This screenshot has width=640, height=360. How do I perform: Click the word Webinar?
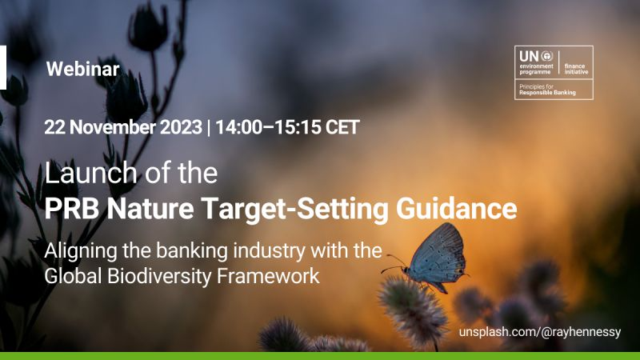point(83,69)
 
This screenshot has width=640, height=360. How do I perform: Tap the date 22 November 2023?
point(123,127)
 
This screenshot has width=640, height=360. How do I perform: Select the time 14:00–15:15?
point(268,127)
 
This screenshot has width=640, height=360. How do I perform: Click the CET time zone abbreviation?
point(342,127)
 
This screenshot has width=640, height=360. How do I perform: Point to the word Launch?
point(90,172)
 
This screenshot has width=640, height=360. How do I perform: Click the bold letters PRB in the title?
point(72,208)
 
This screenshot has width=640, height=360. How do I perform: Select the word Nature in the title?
point(150,208)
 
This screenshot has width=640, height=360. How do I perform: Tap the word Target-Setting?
point(294,209)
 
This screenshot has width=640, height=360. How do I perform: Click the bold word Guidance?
point(456,208)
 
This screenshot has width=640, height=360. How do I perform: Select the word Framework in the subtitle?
point(268,276)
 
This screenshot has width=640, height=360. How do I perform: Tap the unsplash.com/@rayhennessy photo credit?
point(539,332)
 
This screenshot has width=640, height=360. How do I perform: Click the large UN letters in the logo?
point(530,56)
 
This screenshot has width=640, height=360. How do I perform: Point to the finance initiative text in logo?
point(576,69)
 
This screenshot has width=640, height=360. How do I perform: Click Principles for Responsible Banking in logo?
point(547,90)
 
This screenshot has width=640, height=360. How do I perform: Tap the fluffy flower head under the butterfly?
point(413,310)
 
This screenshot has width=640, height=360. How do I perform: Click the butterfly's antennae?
point(394,263)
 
